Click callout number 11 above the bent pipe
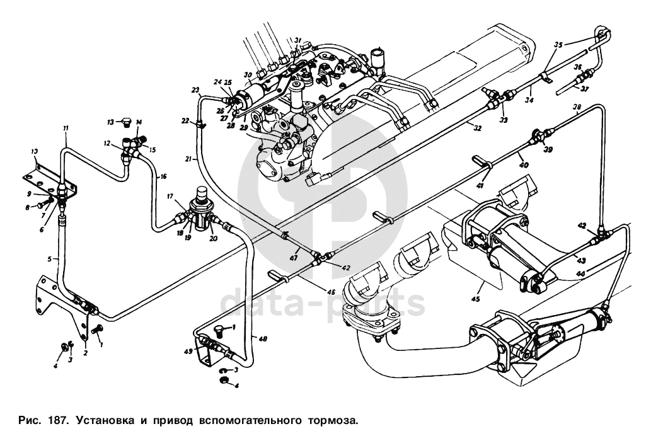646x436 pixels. coord(65,129)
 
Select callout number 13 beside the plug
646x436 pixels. coord(110,122)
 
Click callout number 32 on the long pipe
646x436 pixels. coord(476,127)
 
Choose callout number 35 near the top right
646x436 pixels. coord(558,44)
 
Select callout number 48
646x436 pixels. coord(263,338)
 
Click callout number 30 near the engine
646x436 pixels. coord(248,74)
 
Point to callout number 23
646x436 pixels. coord(195,89)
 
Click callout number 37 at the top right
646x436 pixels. coord(584,88)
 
